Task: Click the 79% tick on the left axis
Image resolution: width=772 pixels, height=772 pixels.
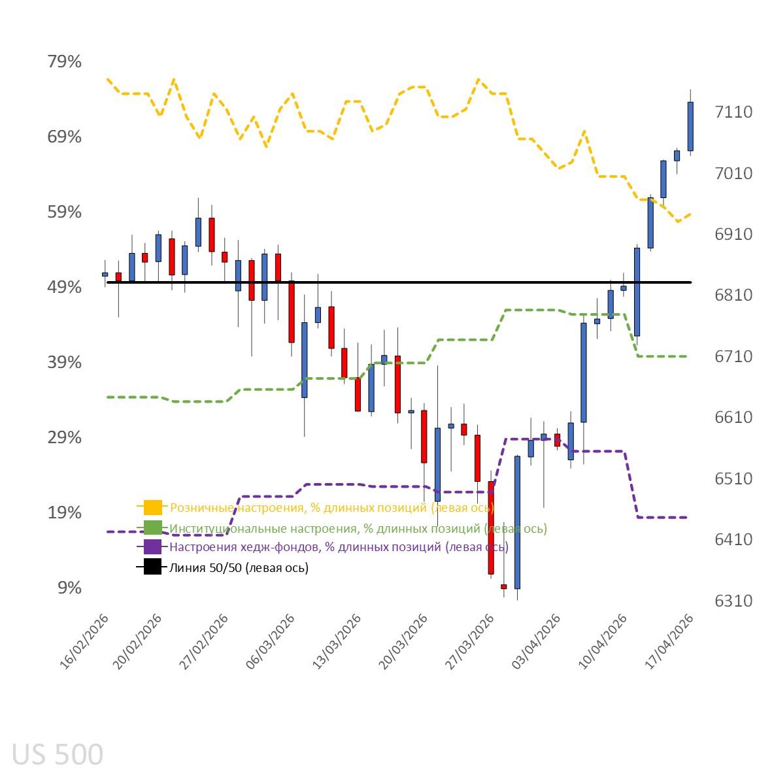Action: tap(64, 62)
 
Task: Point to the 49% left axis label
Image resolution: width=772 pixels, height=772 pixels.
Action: tap(64, 288)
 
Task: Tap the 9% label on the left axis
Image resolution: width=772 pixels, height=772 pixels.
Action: tap(69, 588)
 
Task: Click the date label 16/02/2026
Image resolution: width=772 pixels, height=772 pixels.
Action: tap(85, 641)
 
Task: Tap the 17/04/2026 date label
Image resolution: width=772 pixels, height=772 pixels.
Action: tap(669, 641)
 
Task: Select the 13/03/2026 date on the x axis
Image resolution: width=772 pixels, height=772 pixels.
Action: tap(337, 641)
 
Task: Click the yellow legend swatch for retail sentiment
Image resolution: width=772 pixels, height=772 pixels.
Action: tap(152, 507)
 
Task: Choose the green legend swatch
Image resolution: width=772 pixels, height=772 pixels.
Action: tap(152, 528)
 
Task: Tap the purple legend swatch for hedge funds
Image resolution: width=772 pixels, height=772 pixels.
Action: tap(152, 547)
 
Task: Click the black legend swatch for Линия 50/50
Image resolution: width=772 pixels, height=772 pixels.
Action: tap(152, 567)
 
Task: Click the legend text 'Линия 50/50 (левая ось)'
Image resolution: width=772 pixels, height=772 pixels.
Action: tap(239, 567)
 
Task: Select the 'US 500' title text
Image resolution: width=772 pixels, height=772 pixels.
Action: tap(58, 754)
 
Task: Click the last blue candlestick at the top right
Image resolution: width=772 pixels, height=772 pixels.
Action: tap(690, 126)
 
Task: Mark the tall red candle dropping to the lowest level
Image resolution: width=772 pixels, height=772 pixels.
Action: tap(491, 528)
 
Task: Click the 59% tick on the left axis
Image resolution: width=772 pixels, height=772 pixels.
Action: tap(64, 212)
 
